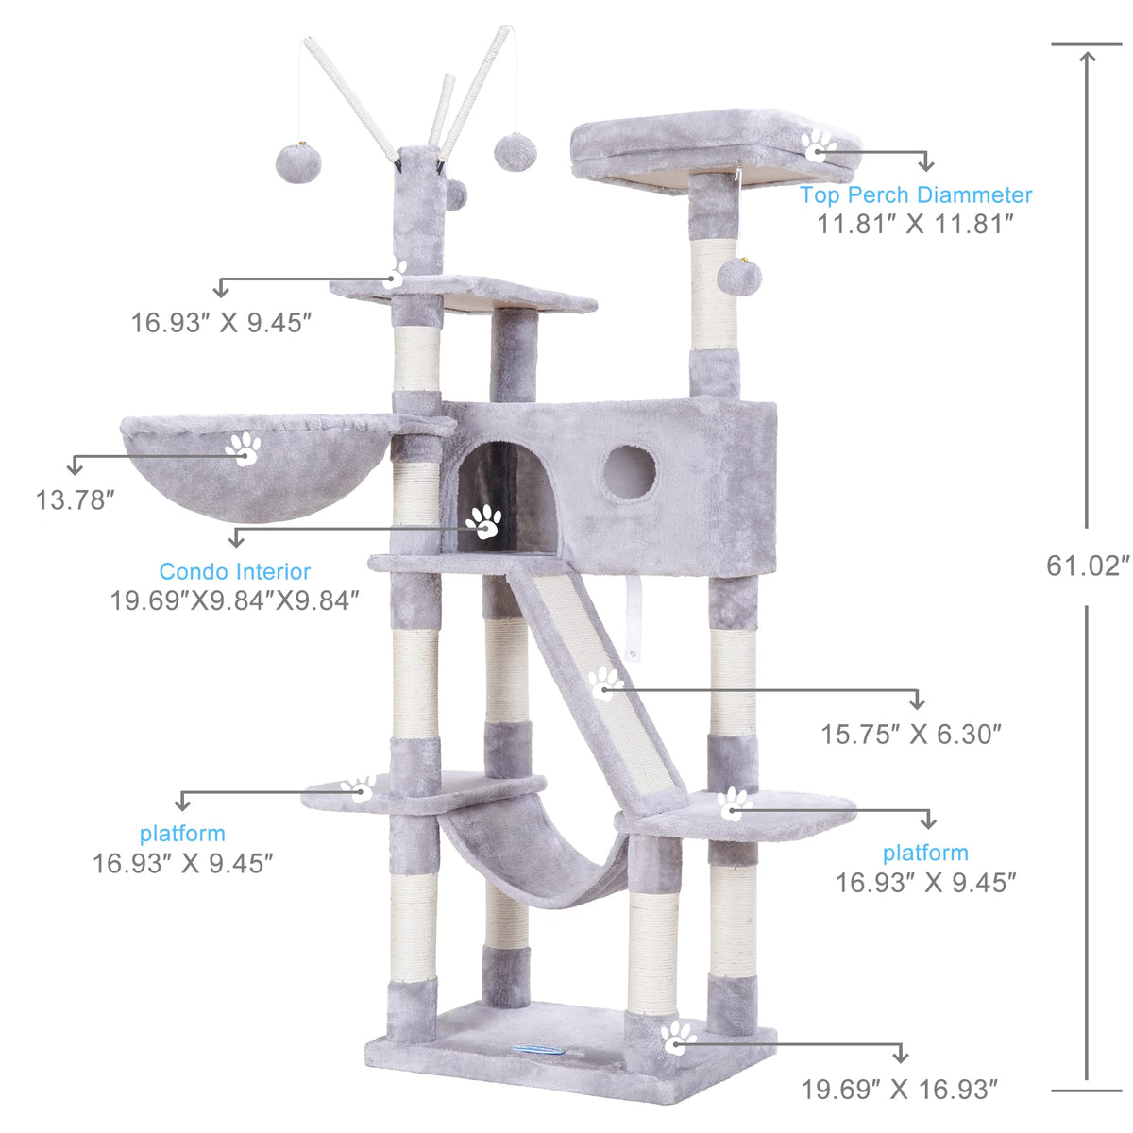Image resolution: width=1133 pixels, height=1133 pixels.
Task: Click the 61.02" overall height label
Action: (x=1087, y=566)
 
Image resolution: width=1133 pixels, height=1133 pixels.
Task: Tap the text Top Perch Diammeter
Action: (x=916, y=194)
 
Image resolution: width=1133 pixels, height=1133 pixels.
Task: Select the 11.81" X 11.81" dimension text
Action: (x=916, y=224)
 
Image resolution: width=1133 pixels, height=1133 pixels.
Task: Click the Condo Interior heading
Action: (x=234, y=571)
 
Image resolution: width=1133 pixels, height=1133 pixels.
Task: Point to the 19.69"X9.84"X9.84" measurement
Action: (x=234, y=600)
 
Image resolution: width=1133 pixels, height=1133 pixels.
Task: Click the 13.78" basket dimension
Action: (x=75, y=499)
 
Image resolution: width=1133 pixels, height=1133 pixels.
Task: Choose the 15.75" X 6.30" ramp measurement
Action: (x=911, y=735)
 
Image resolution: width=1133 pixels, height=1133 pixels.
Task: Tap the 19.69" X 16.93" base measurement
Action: (x=900, y=1090)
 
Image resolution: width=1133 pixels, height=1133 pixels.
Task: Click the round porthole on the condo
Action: (x=629, y=473)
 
